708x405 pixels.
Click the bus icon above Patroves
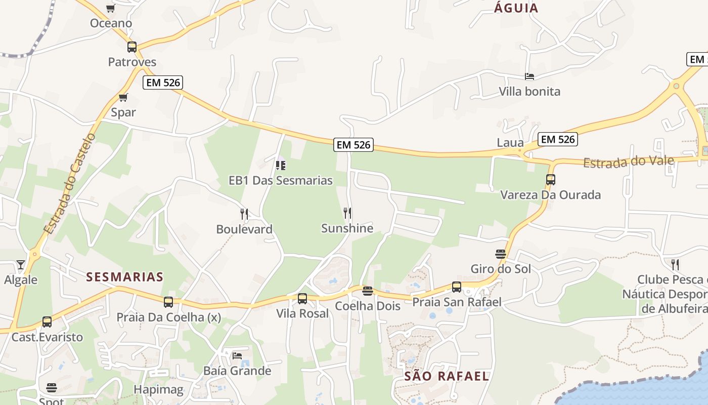tap(132, 47)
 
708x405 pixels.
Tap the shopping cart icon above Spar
tap(123, 97)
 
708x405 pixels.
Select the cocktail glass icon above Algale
tap(20, 264)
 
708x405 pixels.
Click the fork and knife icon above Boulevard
tap(244, 214)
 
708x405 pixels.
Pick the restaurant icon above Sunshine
tap(347, 213)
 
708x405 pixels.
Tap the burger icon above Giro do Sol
tap(501, 254)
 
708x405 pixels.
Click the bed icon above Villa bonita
tap(529, 76)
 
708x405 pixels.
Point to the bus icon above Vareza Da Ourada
tap(551, 180)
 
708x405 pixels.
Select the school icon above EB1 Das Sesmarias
tap(281, 165)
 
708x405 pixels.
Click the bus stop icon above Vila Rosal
tap(302, 299)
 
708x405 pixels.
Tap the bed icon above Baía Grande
tap(237, 355)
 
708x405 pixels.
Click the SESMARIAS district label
tap(125, 277)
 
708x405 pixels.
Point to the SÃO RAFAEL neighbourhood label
tap(447, 376)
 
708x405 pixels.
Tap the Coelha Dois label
tap(368, 306)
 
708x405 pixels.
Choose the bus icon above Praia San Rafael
tap(457, 287)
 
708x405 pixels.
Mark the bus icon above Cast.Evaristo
tap(47, 322)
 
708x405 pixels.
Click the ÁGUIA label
tap(516, 8)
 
